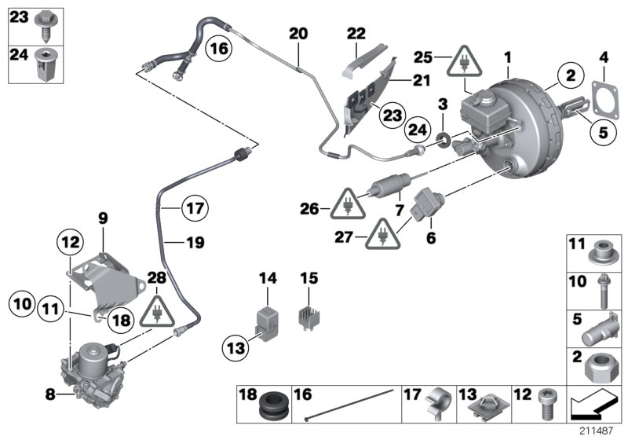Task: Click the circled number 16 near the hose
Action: pyautogui.click(x=220, y=49)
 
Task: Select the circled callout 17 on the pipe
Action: pyautogui.click(x=193, y=209)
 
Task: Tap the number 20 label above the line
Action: pyautogui.click(x=298, y=34)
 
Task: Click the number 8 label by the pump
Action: pyautogui.click(x=50, y=396)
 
